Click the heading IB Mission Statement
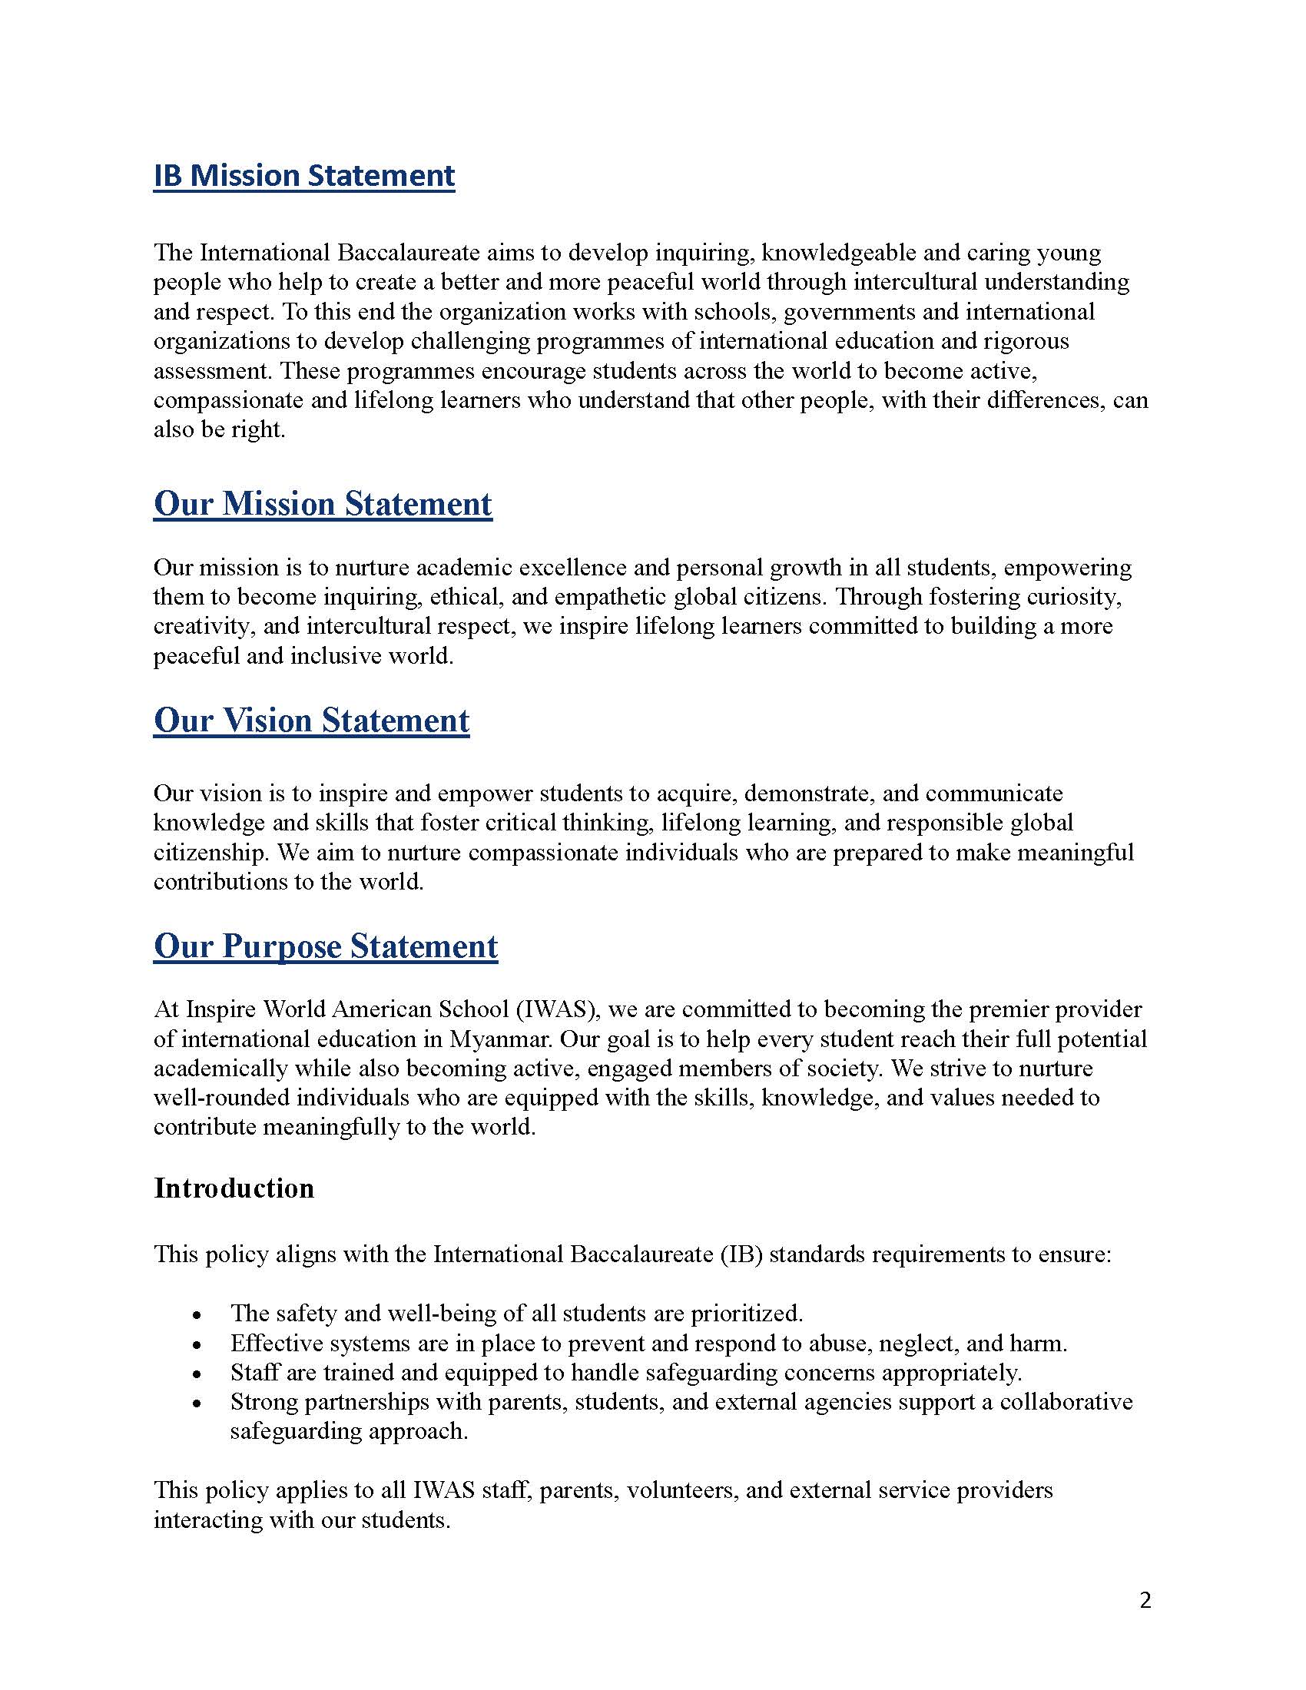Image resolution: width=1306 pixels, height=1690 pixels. [304, 176]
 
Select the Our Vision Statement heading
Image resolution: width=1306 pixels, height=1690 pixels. [311, 721]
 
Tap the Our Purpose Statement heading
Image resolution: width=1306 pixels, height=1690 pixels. [326, 946]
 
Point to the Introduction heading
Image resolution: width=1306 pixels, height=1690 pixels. [234, 1188]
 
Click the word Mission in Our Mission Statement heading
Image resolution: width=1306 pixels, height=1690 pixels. [279, 504]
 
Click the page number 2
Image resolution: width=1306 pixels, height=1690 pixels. [1146, 1599]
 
